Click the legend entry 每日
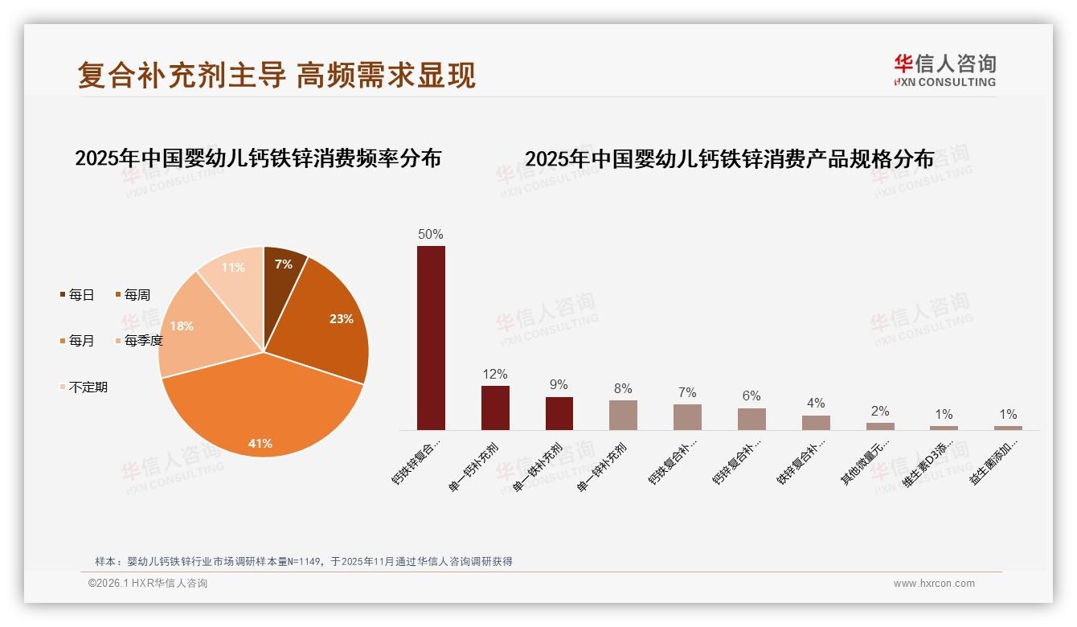pyautogui.click(x=77, y=295)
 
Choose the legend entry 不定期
pyautogui.click(x=84, y=387)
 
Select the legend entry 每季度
pyautogui.click(x=140, y=341)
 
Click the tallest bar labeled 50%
pyautogui.click(x=431, y=338)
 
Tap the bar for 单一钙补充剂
pyautogui.click(x=495, y=408)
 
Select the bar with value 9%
pyautogui.click(x=559, y=413)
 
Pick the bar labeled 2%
pyautogui.click(x=880, y=426)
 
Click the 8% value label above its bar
pyautogui.click(x=623, y=388)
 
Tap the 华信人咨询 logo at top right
pyautogui.click(x=945, y=71)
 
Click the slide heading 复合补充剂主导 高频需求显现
pyautogui.click(x=276, y=75)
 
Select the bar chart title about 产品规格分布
pyautogui.click(x=729, y=159)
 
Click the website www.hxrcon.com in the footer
pyautogui.click(x=934, y=584)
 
